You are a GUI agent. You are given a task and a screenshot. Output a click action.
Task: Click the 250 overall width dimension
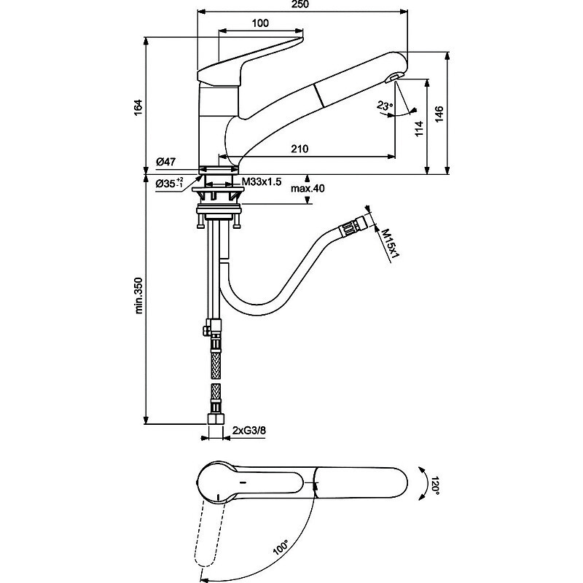300,4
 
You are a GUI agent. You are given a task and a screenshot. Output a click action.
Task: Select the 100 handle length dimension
260,23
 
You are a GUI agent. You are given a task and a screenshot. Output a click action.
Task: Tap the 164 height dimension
138,107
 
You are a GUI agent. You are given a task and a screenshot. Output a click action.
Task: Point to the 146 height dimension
439,114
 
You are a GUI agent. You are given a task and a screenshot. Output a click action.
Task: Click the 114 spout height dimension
420,129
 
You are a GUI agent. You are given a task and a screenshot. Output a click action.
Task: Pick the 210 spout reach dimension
300,149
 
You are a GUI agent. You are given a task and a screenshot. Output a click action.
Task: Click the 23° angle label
385,106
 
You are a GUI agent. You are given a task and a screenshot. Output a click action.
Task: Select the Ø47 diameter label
166,162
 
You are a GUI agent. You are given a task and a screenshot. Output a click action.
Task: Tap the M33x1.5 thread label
262,181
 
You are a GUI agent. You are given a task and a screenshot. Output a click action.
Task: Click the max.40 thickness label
308,189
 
